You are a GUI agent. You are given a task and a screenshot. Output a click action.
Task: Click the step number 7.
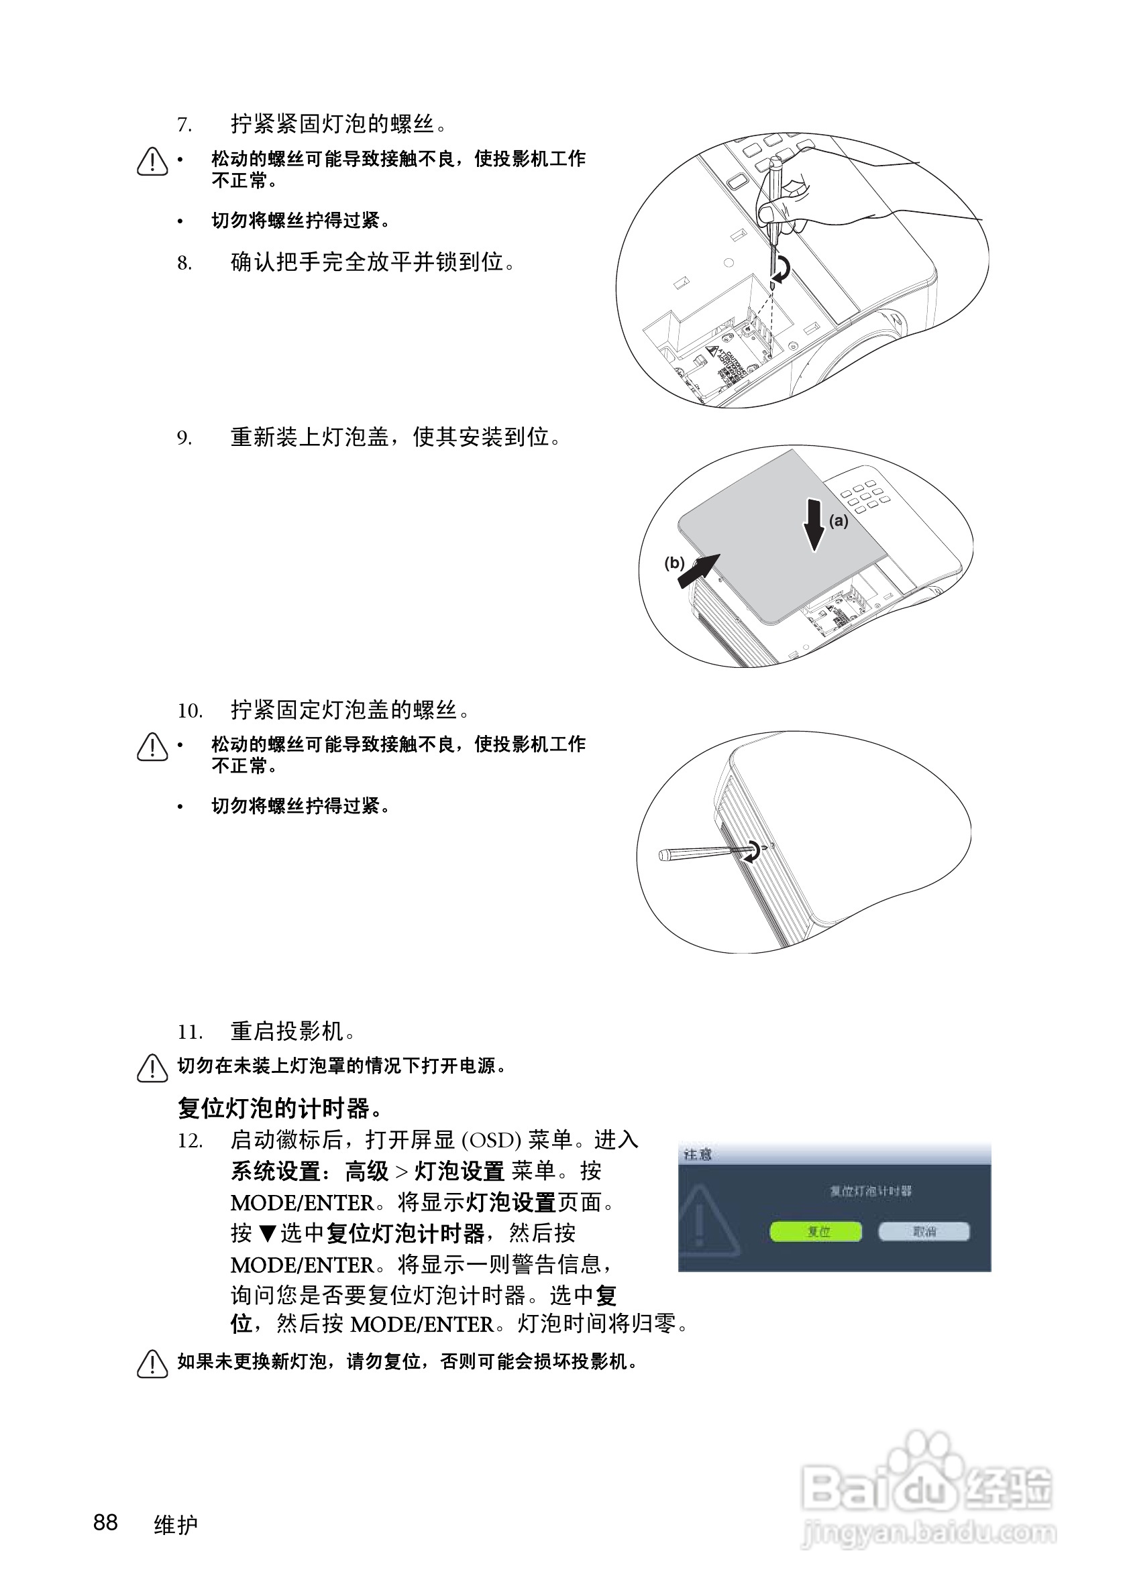coord(184,126)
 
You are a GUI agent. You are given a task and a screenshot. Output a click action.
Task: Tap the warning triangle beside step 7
coord(152,162)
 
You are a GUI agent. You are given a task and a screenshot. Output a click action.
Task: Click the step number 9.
coord(184,439)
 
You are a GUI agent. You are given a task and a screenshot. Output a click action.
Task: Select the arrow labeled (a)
coord(815,525)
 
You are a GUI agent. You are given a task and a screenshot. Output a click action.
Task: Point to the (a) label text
coord(839,520)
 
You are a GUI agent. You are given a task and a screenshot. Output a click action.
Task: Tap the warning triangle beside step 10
coord(152,747)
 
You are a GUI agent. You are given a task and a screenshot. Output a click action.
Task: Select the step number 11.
coord(189,1032)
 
